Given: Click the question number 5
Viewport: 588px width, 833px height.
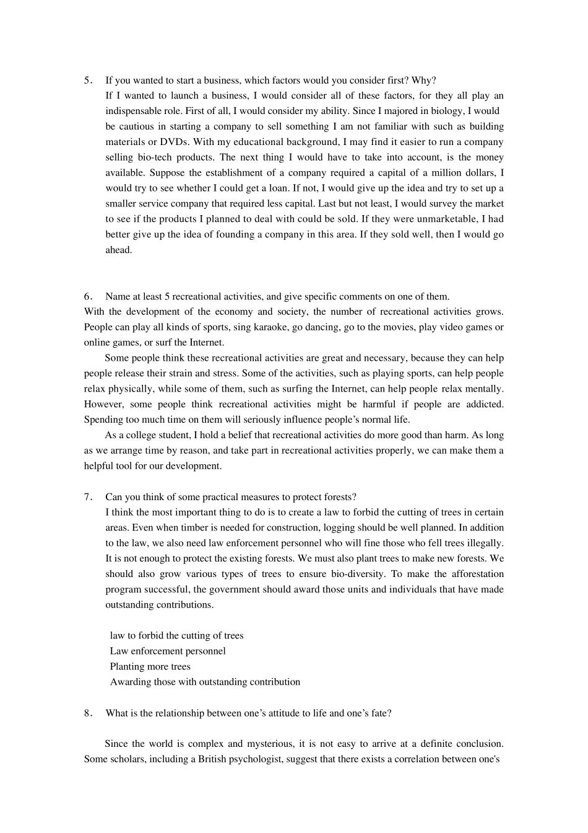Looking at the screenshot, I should (x=87, y=81).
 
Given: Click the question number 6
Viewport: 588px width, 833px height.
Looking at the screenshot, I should (x=87, y=296).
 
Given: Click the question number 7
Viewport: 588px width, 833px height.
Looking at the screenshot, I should (x=87, y=497).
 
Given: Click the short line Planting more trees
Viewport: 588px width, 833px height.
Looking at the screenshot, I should (x=150, y=667).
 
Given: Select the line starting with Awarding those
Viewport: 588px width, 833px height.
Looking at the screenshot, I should (x=205, y=682).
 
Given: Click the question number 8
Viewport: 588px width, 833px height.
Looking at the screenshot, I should (x=87, y=713).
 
